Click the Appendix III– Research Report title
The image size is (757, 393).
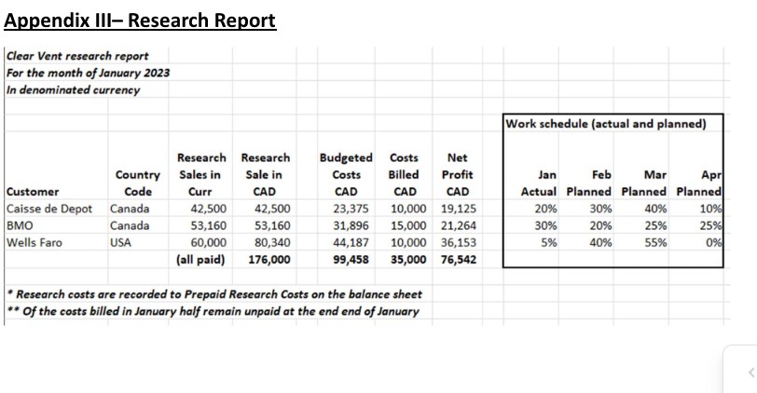[x=141, y=20]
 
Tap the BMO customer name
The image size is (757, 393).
[x=20, y=225]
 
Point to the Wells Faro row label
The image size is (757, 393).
[x=34, y=242]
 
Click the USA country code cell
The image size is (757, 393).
[x=123, y=242]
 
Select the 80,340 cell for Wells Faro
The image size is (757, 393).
[x=272, y=242]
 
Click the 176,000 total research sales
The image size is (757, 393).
[x=268, y=259]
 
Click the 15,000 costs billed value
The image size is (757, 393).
[x=409, y=225]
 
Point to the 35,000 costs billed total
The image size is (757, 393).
[x=409, y=259]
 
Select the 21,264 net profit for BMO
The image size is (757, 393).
[x=457, y=225]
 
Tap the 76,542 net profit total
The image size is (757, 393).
[x=457, y=259]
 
